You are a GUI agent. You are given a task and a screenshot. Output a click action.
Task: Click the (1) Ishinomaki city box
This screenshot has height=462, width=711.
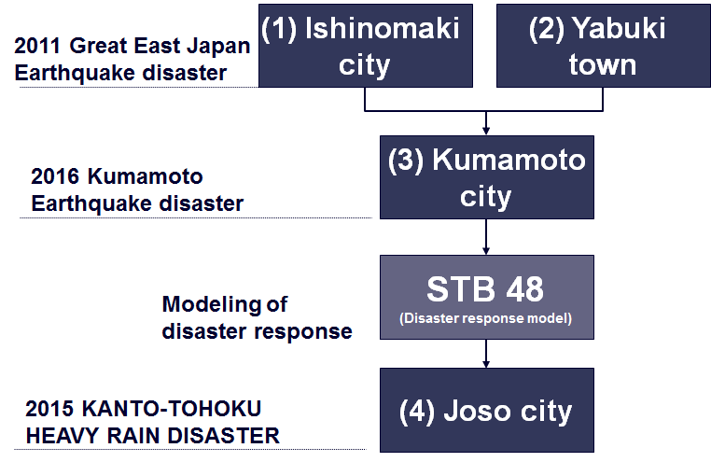366,46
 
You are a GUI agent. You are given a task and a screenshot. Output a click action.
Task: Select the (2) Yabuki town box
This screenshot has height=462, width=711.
604,46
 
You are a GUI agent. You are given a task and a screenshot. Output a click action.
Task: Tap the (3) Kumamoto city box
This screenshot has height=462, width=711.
487,177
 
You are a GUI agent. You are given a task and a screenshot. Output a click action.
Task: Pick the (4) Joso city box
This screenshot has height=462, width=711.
487,410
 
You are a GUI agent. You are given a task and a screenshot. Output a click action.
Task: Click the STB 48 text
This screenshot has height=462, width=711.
485,289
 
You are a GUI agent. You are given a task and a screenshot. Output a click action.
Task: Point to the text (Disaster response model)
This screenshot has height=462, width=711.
485,318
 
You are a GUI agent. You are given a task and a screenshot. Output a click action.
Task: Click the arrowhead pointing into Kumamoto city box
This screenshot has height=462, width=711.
486,132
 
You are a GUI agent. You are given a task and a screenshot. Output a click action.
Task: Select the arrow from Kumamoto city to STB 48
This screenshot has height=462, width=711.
486,237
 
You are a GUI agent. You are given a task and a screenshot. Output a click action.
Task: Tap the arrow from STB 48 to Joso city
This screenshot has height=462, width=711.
486,354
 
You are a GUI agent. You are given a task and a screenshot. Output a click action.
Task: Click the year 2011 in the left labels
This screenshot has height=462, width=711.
37,46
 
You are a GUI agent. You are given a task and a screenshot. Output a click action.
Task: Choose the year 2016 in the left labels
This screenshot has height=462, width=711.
54,176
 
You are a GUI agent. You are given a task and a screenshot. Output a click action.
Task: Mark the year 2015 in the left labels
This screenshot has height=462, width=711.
49,409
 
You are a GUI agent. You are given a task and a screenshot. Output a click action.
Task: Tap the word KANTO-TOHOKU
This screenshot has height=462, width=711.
172,409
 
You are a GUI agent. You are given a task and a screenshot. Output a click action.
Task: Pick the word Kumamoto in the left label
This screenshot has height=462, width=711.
146,176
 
